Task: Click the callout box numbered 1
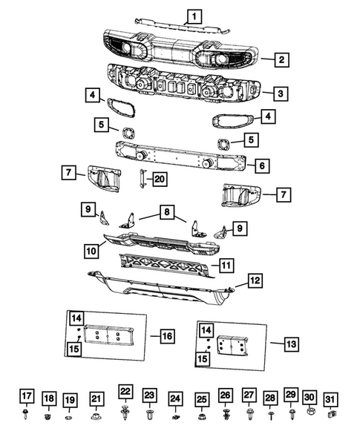[193, 14]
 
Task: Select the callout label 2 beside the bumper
[281, 59]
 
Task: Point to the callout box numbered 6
[262, 165]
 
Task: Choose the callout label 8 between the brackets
[164, 213]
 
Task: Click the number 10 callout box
[91, 252]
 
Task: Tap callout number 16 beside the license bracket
[167, 335]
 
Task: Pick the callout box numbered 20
[160, 178]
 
